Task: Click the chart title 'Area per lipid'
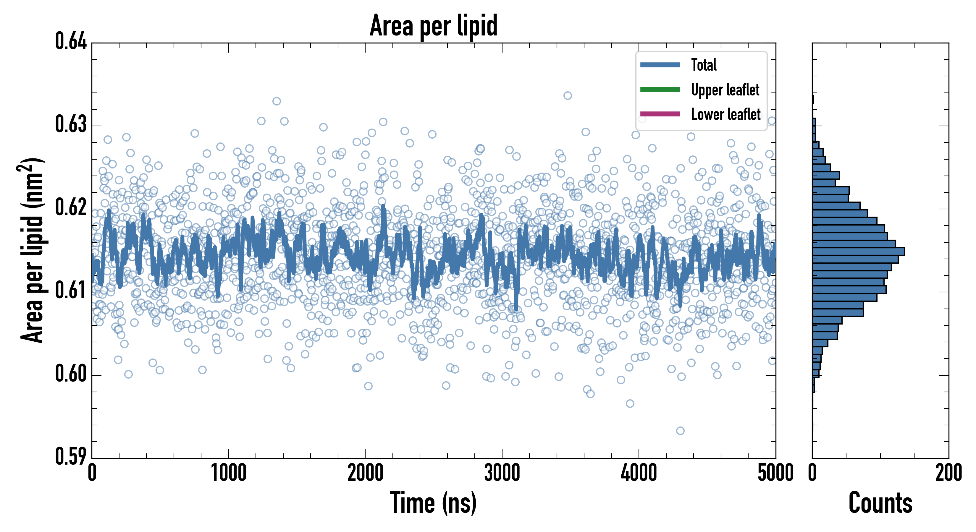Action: [x=434, y=26]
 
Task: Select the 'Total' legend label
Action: [x=704, y=65]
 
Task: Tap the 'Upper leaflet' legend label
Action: [x=725, y=90]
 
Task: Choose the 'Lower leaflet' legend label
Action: [x=725, y=114]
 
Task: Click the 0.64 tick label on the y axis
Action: [x=71, y=41]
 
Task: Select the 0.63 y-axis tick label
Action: [x=71, y=124]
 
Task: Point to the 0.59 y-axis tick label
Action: [x=71, y=457]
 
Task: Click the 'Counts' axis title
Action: [x=880, y=503]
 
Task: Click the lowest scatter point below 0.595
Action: [x=680, y=431]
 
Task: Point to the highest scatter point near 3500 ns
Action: [x=567, y=95]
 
